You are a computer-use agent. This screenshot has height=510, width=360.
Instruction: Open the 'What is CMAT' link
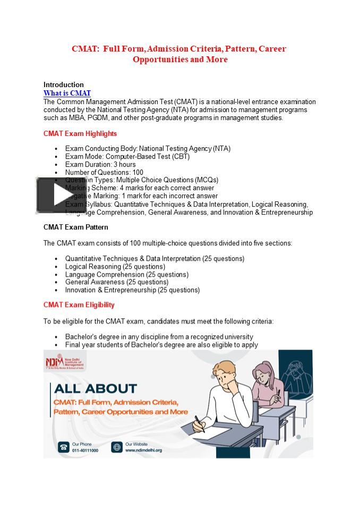(67, 93)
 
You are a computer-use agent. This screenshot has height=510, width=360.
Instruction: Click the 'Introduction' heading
(63, 84)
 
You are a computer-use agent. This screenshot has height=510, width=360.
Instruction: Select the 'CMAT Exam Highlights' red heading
(80, 133)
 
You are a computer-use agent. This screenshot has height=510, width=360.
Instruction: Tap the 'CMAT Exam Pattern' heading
(75, 227)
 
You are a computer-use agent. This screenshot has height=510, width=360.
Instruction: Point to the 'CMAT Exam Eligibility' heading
(79, 305)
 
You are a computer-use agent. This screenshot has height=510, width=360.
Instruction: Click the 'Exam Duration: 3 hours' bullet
(100, 165)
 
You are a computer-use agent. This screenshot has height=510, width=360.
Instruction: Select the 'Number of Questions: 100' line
(104, 172)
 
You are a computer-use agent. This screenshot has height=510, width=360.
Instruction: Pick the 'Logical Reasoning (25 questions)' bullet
(115, 267)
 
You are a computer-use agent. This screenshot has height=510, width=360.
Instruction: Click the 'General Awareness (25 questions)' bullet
(116, 282)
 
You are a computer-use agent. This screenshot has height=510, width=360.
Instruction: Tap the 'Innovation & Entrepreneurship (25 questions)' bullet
(132, 290)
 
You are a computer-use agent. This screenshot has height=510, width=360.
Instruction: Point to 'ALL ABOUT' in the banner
(95, 389)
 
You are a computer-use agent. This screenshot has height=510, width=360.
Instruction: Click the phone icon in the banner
(63, 447)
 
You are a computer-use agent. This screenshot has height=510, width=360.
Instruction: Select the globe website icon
(116, 447)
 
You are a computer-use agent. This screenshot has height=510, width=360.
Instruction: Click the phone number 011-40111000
(85, 450)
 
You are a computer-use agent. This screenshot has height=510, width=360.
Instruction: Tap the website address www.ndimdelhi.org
(143, 450)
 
